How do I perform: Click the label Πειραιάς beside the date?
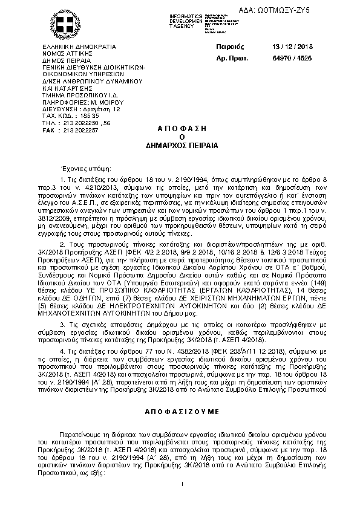point(229,46)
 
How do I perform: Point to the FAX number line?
point(70,130)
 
